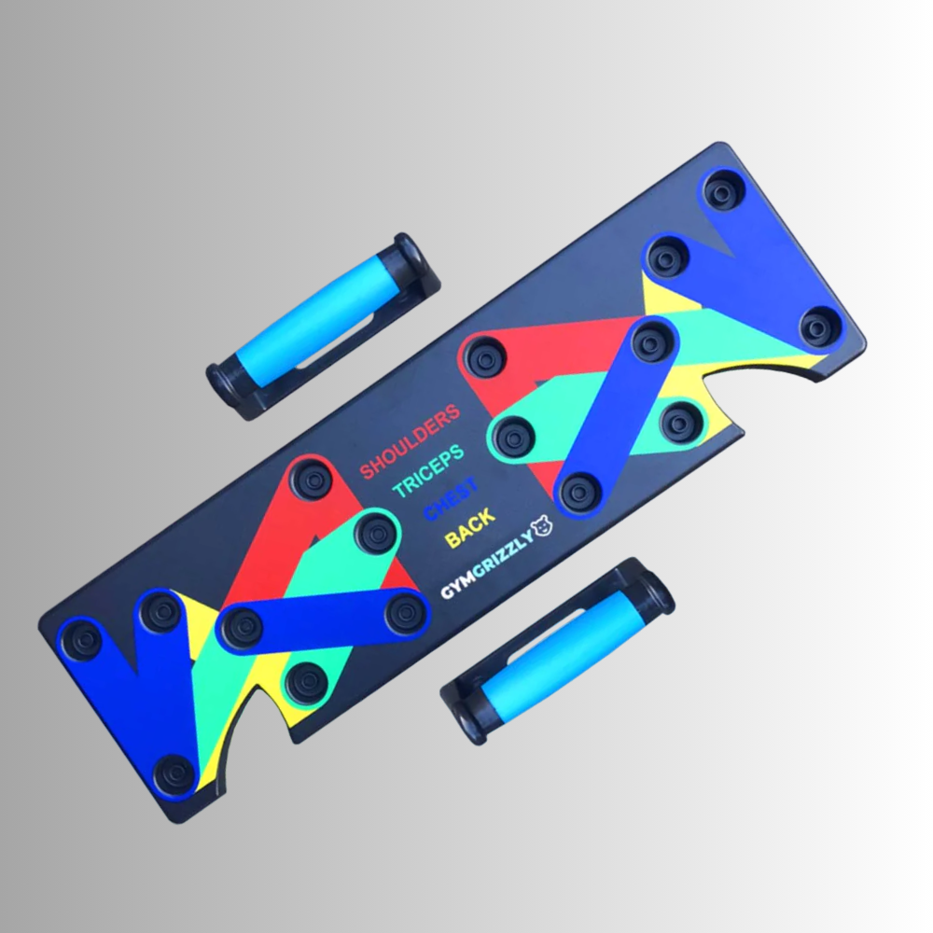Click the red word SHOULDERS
(x=410, y=441)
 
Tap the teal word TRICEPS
(x=428, y=470)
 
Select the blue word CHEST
(x=451, y=498)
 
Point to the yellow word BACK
(x=469, y=527)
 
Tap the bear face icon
(x=542, y=526)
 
